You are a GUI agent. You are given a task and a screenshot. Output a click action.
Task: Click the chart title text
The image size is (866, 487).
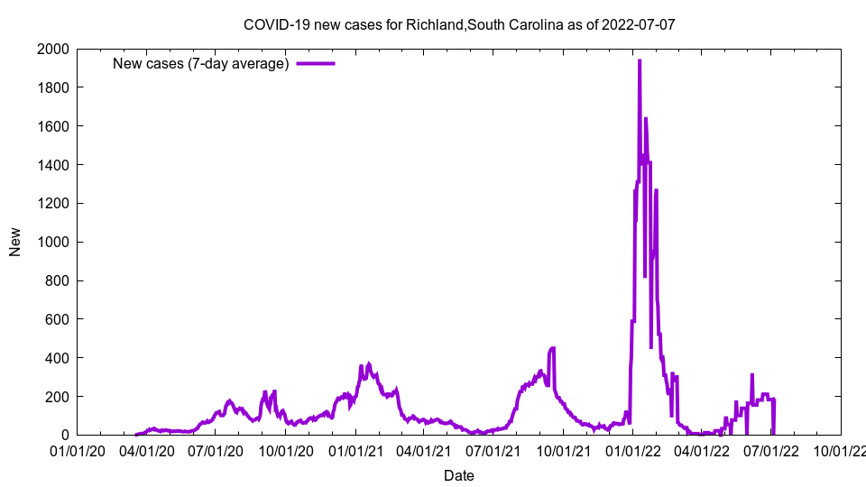[459, 24]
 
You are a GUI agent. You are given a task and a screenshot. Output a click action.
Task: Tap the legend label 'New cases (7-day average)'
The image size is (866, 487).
[200, 63]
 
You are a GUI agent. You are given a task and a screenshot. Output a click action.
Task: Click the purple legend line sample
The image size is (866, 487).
[316, 63]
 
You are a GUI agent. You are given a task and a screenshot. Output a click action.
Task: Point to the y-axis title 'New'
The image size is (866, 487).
[15, 242]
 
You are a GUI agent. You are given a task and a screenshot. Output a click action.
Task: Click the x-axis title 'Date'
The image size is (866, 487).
[459, 475]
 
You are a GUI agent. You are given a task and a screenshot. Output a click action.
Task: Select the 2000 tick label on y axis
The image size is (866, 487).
[51, 49]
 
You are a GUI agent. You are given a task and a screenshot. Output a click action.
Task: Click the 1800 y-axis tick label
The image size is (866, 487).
[51, 87]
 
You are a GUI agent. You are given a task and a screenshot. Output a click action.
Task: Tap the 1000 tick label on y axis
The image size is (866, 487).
[51, 242]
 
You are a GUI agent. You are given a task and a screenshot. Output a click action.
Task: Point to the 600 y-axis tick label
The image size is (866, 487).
[55, 319]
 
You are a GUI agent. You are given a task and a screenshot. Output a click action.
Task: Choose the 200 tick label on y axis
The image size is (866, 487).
[55, 397]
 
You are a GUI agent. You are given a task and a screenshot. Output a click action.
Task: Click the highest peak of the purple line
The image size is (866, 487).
[640, 61]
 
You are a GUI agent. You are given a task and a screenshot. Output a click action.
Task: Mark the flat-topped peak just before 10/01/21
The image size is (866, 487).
[552, 348]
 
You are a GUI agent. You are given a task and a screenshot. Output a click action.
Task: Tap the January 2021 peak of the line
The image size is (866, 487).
[368, 364]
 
